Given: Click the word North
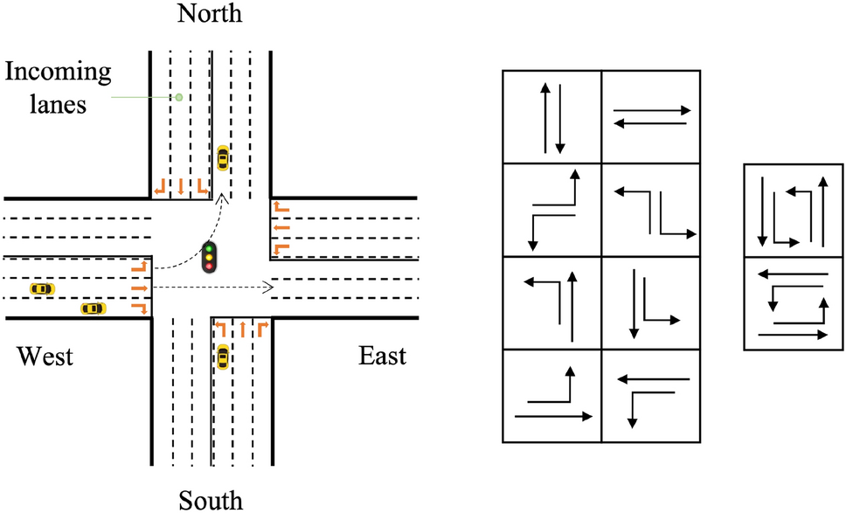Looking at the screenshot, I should click(209, 13).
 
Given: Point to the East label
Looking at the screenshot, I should click(383, 357).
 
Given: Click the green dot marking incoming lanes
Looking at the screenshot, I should click(178, 96).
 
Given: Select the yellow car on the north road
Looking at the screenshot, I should click(223, 158).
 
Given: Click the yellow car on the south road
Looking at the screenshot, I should click(223, 357).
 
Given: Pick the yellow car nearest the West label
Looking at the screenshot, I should click(93, 308).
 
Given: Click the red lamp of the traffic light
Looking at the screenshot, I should click(209, 266).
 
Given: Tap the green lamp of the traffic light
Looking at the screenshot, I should click(209, 247).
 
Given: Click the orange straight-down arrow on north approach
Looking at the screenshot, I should click(180, 185).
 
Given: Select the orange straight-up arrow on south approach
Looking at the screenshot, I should click(242, 330).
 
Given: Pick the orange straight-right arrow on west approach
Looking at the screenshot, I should click(138, 287).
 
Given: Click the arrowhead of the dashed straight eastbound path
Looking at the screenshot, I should click(270, 287).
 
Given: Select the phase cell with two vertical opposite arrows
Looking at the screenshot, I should click(552, 117).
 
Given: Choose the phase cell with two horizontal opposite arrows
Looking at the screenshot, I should click(651, 117).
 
